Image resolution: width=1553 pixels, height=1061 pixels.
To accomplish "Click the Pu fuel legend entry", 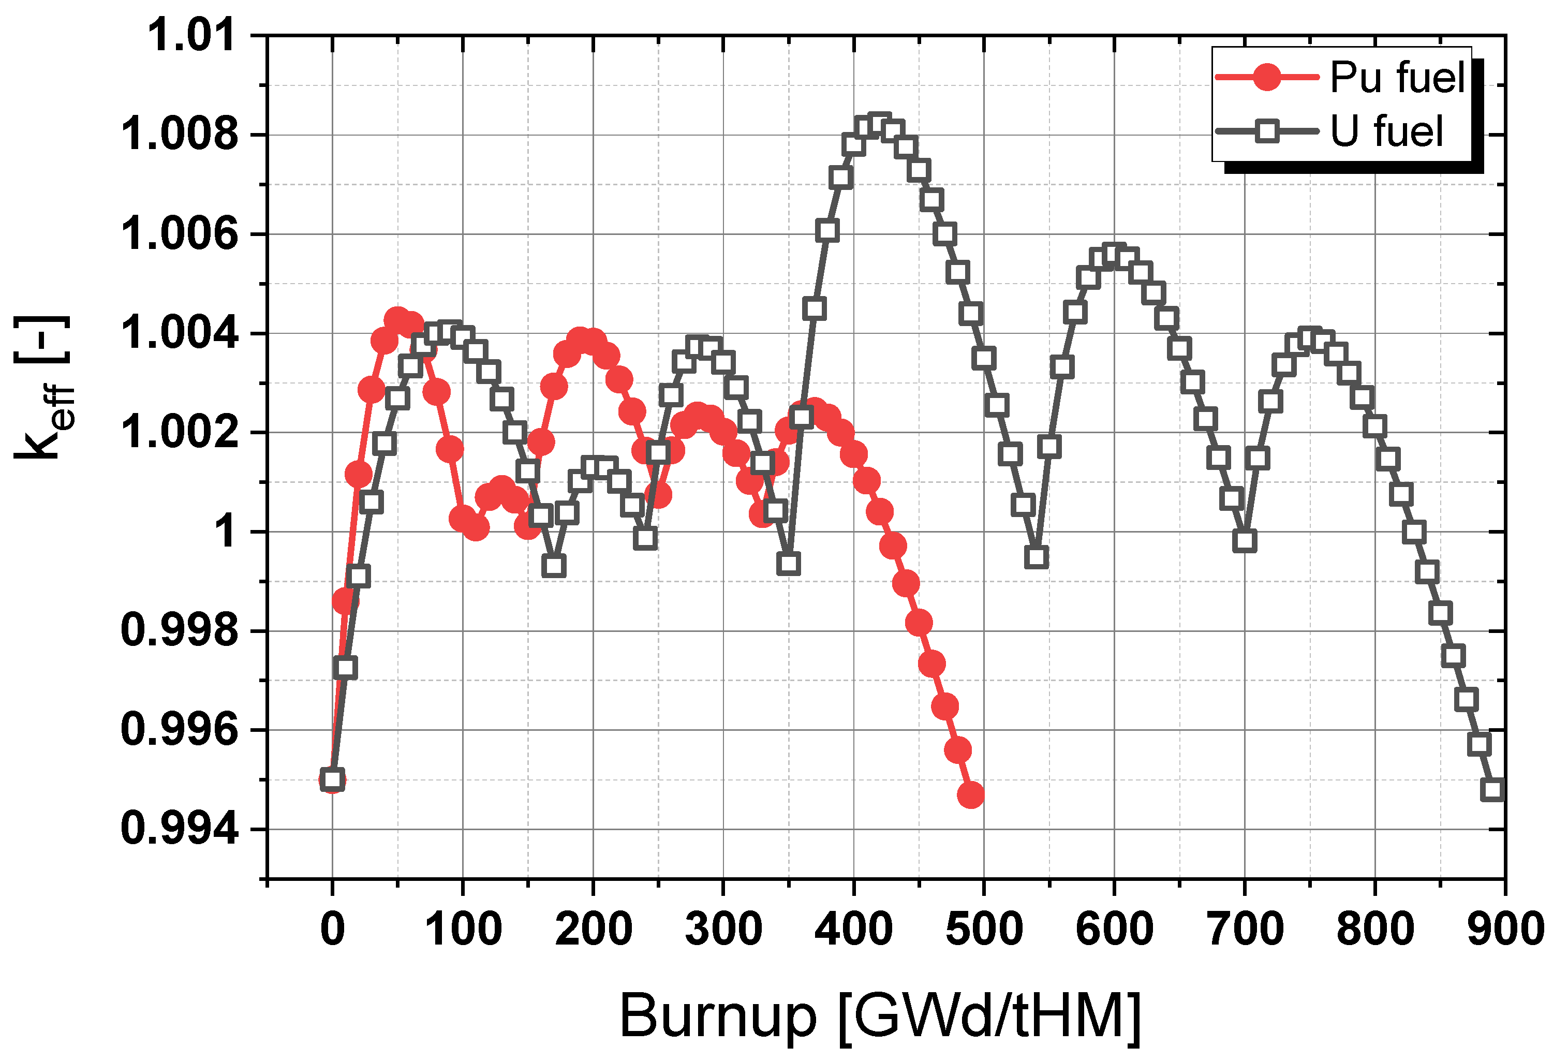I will point(1340,78).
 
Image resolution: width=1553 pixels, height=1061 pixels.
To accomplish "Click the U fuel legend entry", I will point(1340,131).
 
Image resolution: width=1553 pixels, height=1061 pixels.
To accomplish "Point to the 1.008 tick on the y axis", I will point(179,134).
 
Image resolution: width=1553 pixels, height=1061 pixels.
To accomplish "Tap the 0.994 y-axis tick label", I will point(179,829).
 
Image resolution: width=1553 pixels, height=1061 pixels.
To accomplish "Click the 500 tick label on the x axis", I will point(984,929).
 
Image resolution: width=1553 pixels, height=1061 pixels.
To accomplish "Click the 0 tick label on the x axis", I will point(332,929).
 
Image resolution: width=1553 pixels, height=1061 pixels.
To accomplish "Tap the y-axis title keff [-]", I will point(43,388).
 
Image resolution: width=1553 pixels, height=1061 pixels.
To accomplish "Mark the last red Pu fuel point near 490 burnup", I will point(970,795).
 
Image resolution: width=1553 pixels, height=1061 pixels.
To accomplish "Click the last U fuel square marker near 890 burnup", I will point(1492,790).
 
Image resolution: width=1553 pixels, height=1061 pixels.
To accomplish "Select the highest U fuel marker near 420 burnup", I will point(879,124).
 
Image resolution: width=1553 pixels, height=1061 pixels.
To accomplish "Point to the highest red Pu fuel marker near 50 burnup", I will point(397,320).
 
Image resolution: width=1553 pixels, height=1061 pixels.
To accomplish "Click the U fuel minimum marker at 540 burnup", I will point(1036,556).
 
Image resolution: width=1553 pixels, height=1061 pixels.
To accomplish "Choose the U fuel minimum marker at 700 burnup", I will point(1244,540).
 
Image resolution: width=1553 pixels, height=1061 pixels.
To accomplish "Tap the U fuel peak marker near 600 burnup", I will point(1114,255).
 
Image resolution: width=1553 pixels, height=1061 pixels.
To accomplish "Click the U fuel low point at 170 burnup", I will point(554,566).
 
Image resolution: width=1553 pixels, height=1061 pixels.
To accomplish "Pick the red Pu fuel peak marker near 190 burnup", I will point(580,340).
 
